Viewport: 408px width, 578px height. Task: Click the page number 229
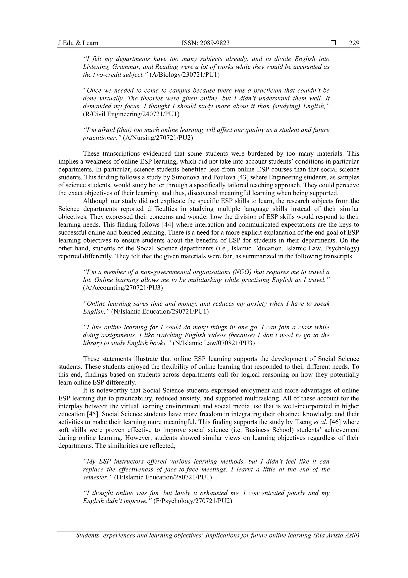tap(354, 43)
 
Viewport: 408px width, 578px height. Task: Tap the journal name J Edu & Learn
tap(78, 43)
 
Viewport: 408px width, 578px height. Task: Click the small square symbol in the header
tap(333, 43)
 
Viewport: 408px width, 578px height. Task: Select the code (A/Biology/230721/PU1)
tap(184, 75)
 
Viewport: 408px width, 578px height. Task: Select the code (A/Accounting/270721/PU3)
tap(123, 288)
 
